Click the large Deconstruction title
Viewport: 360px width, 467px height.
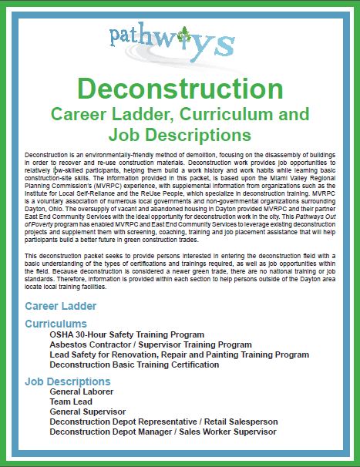pos(180,89)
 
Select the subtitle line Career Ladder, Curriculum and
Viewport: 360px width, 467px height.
pos(180,116)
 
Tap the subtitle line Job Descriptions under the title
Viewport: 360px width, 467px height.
pos(180,135)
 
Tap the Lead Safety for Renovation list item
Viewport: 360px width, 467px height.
pos(179,354)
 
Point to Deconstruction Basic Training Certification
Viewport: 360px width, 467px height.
pos(145,365)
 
